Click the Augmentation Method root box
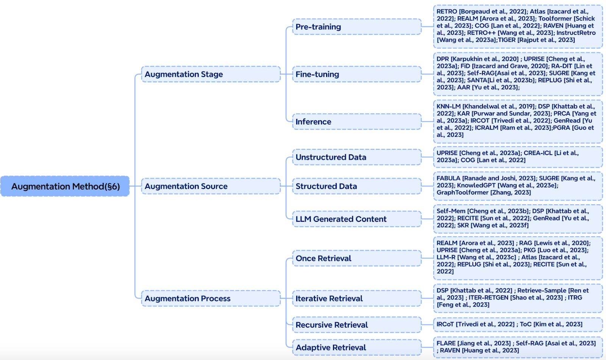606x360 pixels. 65,186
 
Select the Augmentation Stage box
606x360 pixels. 211,74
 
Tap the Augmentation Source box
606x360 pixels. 211,186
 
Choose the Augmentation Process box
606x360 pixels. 211,298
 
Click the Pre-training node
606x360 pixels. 357,27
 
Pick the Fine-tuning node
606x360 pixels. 357,74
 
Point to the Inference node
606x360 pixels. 357,122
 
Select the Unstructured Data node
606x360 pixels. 357,157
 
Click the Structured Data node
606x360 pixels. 357,186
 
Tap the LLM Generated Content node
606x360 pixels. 357,219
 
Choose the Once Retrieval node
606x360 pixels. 357,258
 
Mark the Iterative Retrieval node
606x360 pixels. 357,298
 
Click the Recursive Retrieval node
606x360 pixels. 357,325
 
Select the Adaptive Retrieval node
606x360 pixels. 357,347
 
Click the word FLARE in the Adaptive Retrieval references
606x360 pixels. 446,343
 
